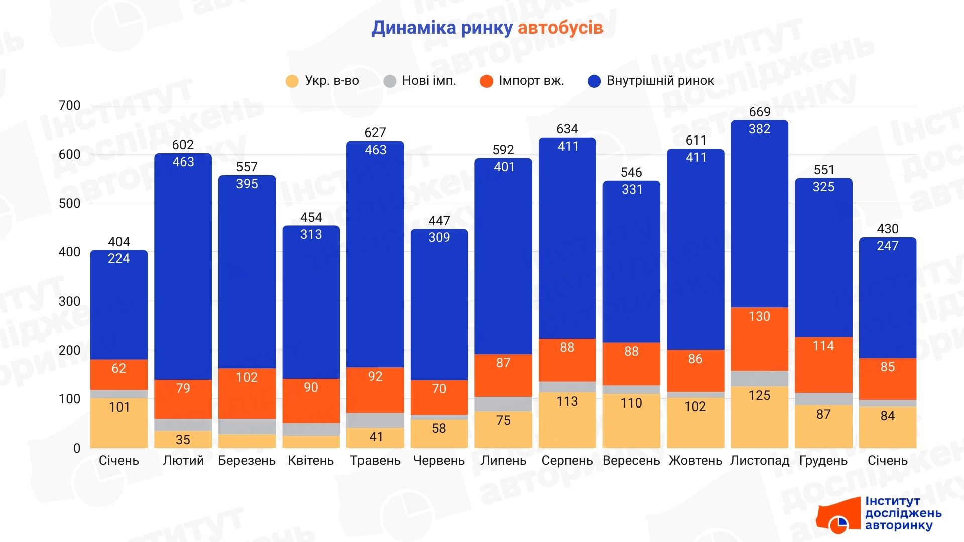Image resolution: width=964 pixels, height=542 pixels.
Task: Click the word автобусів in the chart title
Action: (560, 28)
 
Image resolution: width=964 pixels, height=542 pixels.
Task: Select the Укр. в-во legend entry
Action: (331, 81)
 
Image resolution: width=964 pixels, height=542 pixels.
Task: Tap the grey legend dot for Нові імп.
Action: (390, 81)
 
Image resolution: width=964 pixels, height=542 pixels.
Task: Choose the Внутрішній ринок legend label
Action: (660, 81)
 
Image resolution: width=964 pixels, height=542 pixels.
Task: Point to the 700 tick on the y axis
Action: (69, 106)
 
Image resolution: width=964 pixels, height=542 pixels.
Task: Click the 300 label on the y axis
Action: (69, 302)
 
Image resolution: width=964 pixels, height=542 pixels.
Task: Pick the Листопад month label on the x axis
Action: (759, 461)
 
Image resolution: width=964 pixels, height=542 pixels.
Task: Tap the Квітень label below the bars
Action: (311, 461)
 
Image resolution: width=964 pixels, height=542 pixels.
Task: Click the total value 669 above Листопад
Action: (759, 112)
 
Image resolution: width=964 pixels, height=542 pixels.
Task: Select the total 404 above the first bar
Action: (119, 242)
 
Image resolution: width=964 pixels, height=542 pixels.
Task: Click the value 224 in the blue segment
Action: (119, 258)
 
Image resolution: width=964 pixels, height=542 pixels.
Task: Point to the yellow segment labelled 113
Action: (567, 401)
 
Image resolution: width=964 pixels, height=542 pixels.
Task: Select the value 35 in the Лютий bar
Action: (183, 440)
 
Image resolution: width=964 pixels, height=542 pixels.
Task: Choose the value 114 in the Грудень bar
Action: (823, 346)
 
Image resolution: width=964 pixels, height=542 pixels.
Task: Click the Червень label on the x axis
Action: (439, 461)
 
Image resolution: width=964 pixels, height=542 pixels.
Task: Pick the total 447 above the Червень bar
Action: (439, 221)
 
